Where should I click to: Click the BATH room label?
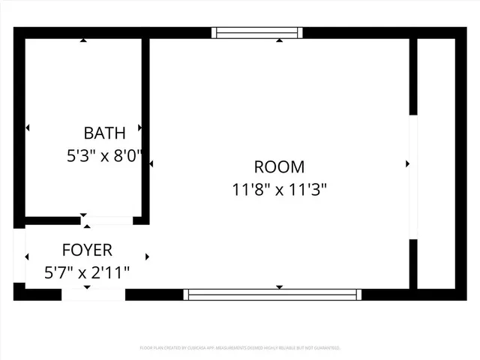[x=104, y=134]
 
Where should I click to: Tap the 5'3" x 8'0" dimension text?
[x=104, y=157]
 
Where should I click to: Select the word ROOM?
[x=279, y=167]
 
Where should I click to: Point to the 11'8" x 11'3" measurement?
[x=279, y=190]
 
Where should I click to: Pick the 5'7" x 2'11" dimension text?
[x=87, y=272]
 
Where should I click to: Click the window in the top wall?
[x=257, y=32]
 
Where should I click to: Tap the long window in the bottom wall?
[x=273, y=294]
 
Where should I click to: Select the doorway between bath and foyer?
[x=107, y=220]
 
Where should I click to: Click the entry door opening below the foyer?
[x=93, y=294]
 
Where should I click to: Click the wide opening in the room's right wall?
[x=412, y=177]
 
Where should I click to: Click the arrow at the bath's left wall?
[x=28, y=128]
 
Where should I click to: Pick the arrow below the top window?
[x=279, y=40]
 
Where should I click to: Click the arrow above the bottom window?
[x=279, y=286]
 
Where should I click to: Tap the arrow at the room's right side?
[x=407, y=163]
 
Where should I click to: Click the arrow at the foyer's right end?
[x=147, y=256]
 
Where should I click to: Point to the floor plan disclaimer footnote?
[x=240, y=348]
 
